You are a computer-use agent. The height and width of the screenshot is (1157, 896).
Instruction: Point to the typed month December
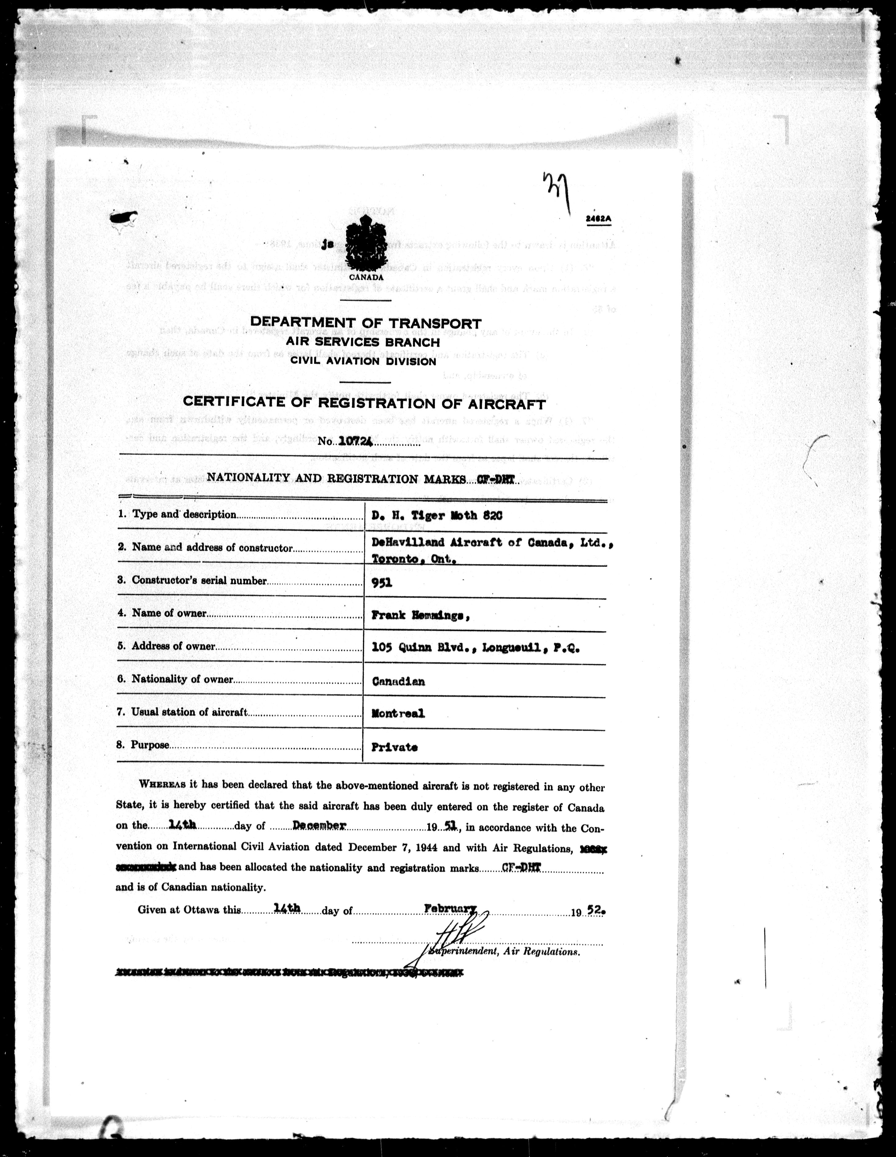click(x=319, y=825)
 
